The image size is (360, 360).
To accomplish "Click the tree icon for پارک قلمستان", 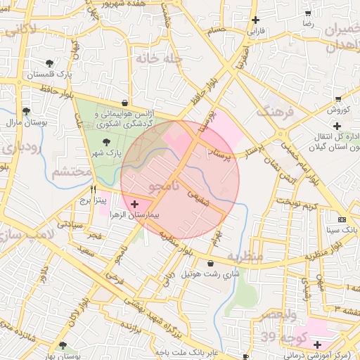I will pos(48,64).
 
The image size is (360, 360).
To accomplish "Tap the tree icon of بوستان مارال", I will pos(26,111).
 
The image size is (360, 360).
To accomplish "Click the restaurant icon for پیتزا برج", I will pos(93,189).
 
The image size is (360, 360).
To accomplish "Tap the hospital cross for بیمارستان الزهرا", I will pos(135,203).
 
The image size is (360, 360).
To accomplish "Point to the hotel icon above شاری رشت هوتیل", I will pos(211,263).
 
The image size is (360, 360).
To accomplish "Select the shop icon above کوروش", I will pos(338,99).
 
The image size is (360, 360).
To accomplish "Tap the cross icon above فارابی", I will pos(255,20).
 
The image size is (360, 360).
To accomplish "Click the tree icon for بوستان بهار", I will pos(64,345).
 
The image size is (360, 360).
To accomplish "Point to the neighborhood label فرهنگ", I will pos(273,110).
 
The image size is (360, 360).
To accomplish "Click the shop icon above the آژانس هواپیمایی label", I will pos(124,103).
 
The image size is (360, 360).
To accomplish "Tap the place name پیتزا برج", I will pos(92,200).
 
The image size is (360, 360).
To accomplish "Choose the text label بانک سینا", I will pos(342,230).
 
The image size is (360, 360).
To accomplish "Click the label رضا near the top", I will pos(308,23).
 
